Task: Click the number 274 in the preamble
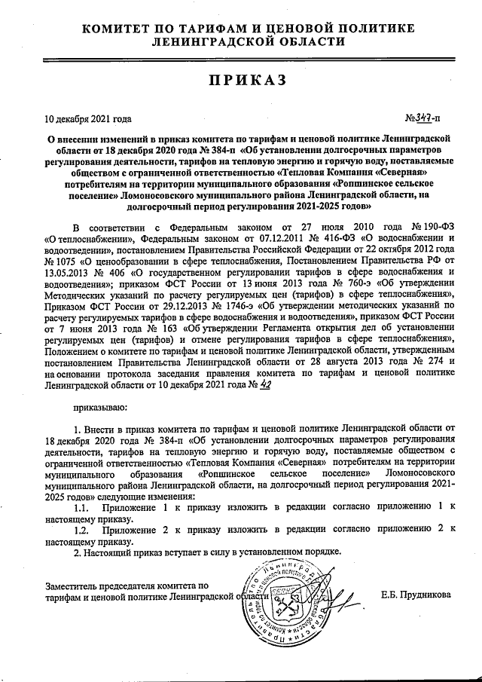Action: tap(423, 361)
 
